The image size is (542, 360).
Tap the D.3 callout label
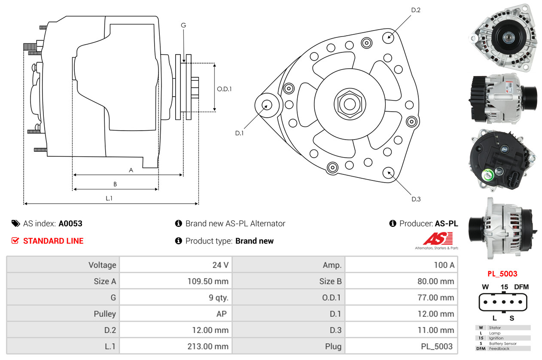pos(416,199)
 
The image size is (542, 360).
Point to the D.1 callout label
pos(239,133)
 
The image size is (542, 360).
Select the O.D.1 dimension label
pos(224,89)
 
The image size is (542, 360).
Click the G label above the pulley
pos(183,25)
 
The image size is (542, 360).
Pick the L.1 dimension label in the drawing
pos(109,198)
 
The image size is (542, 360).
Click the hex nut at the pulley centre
pos(347,104)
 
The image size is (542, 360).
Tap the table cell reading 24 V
pos(220,265)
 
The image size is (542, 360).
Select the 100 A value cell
pos(444,265)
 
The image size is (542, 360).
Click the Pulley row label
pos(105,314)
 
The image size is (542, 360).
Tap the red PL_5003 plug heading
pos(502,274)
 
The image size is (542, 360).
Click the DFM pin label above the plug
pos(521,287)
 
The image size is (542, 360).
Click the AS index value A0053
pos(70,223)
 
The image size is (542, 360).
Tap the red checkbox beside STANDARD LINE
pos(15,241)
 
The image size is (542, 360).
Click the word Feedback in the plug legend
pos(499,348)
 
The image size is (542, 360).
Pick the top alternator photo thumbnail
pos(502,35)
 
